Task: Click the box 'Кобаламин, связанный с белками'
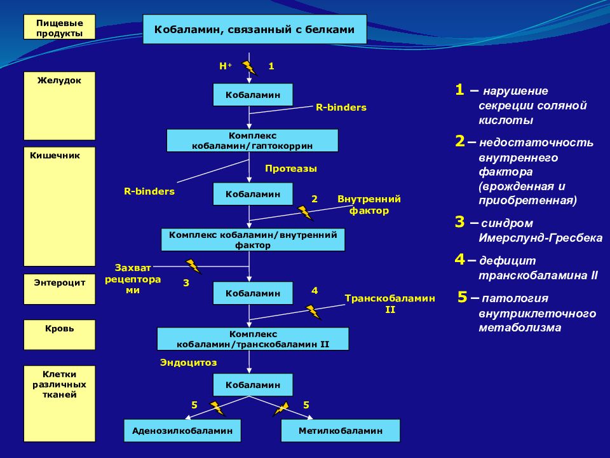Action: (255, 29)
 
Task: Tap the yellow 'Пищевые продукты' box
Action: (60, 27)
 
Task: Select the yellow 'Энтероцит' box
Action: (60, 289)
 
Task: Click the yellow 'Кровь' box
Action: (60, 335)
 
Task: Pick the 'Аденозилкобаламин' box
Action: (182, 431)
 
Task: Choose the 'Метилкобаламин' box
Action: (341, 431)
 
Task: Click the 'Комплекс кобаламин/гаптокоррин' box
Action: (252, 141)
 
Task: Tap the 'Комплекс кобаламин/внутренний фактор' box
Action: (253, 240)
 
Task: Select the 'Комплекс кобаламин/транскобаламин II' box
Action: (253, 339)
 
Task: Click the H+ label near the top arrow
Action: (225, 66)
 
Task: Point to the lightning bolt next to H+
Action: (249, 68)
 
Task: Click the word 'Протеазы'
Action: (291, 169)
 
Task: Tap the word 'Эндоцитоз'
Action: (189, 363)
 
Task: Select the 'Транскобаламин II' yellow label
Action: (390, 304)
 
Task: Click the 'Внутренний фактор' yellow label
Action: (369, 205)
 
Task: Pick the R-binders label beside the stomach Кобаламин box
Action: (341, 108)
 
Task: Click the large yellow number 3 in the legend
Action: (460, 222)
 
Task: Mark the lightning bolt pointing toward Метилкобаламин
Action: (281, 409)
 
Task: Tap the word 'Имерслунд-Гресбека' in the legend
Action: (540, 238)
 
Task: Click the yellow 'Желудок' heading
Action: (60, 81)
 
